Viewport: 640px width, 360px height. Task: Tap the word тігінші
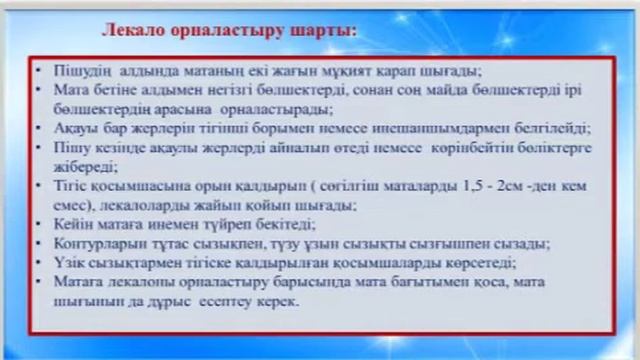(247, 129)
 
